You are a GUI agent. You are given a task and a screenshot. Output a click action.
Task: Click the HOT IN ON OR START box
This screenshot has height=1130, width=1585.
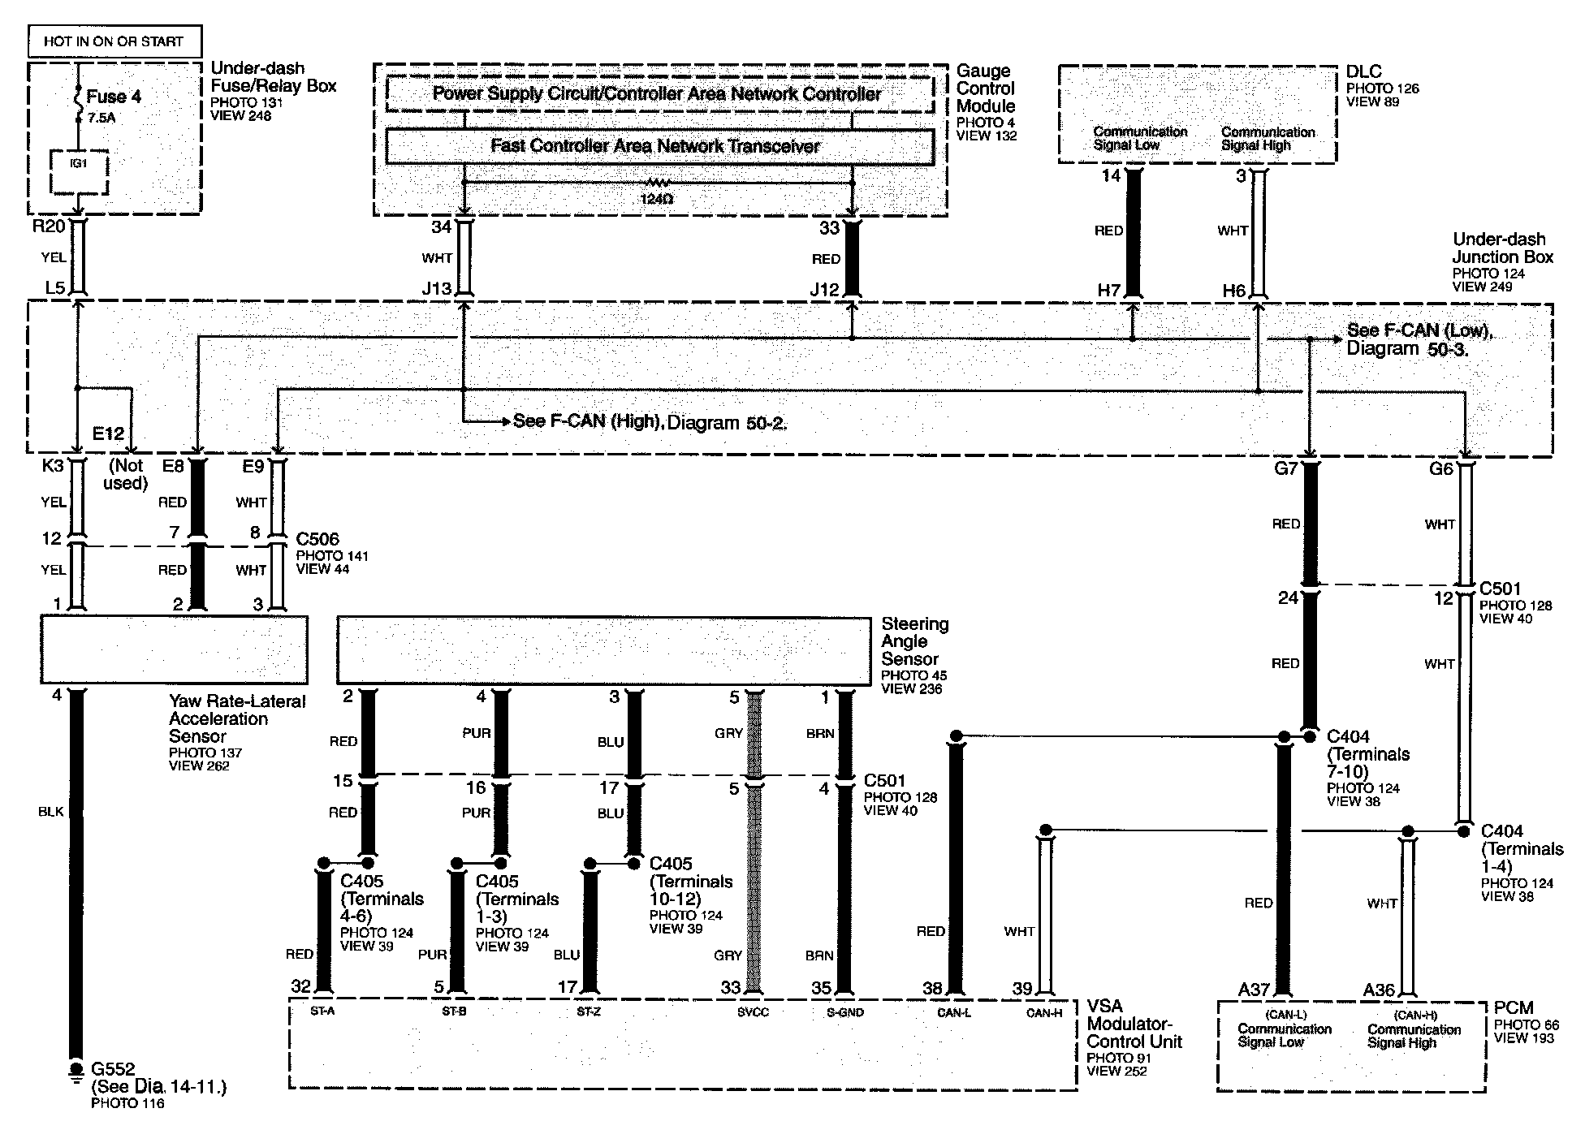point(114,41)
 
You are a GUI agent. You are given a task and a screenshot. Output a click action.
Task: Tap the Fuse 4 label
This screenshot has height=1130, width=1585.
point(114,97)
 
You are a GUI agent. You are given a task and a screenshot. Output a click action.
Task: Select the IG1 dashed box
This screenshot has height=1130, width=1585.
point(78,172)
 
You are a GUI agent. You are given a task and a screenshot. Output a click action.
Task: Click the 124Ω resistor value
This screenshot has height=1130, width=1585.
point(655,198)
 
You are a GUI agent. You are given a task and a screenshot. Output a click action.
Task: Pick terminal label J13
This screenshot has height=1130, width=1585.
point(437,289)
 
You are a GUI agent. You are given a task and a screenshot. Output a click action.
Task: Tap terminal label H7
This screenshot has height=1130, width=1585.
point(1109,290)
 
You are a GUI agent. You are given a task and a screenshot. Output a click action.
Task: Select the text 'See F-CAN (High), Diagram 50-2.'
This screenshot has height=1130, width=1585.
point(650,422)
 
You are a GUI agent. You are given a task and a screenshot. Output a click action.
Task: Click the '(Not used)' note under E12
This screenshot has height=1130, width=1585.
point(127,474)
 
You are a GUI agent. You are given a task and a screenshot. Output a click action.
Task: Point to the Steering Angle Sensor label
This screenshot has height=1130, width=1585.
point(914,641)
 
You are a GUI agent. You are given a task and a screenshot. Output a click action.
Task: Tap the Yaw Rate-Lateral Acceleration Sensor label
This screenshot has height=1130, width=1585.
point(236,718)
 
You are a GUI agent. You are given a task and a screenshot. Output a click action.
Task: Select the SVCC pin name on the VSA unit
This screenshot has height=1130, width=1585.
point(753,1012)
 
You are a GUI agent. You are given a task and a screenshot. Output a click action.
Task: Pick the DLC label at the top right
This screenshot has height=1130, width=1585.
point(1363,71)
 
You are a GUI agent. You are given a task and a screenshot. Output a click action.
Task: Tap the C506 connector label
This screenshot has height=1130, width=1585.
point(317,539)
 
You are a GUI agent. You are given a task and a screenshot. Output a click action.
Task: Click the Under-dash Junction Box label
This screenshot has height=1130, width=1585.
point(1502,248)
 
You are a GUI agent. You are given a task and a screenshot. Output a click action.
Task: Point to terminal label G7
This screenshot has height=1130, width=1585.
point(1286,468)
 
